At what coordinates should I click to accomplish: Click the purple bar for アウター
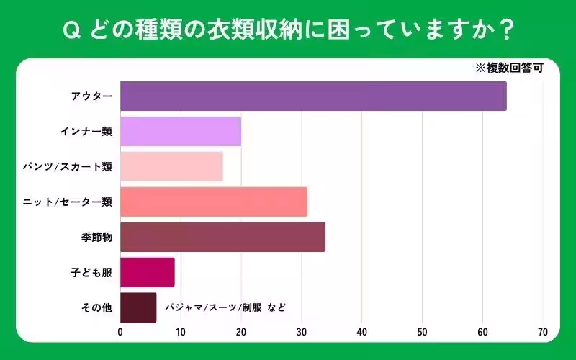pyautogui.click(x=313, y=96)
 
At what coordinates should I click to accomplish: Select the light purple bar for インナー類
pyautogui.click(x=181, y=131)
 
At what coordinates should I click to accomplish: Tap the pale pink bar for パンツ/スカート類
pyautogui.click(x=171, y=166)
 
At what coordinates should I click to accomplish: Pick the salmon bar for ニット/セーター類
pyautogui.click(x=214, y=202)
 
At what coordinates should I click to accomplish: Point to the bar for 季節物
pyautogui.click(x=222, y=237)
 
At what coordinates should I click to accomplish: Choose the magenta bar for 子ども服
pyautogui.click(x=148, y=272)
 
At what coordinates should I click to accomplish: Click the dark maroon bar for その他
pyautogui.click(x=138, y=307)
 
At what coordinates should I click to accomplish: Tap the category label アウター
pyautogui.click(x=91, y=96)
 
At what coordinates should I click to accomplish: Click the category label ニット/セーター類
pyautogui.click(x=68, y=202)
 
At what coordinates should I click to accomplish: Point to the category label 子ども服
pyautogui.click(x=91, y=272)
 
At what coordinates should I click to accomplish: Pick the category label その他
pyautogui.click(x=97, y=307)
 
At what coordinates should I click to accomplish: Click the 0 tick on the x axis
pyautogui.click(x=120, y=333)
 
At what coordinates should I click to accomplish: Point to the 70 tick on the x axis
pyautogui.click(x=543, y=333)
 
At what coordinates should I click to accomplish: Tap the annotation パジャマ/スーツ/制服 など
pyautogui.click(x=225, y=307)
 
